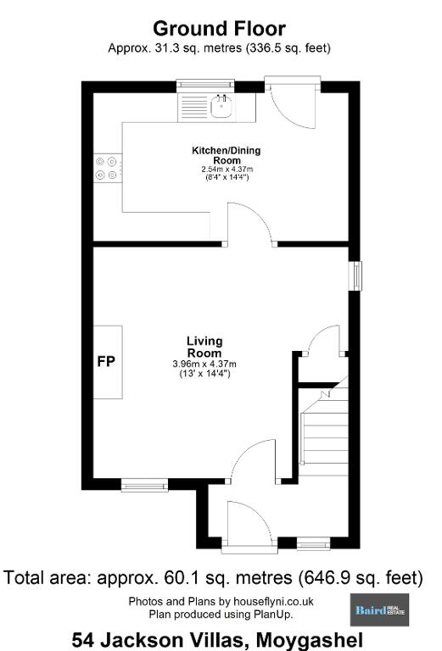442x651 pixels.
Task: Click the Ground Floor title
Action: click(219, 29)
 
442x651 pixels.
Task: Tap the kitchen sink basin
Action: click(221, 107)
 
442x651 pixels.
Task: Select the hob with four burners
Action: click(108, 168)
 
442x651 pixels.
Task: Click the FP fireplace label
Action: click(106, 362)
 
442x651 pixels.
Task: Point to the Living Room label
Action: click(204, 347)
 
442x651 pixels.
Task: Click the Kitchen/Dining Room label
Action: click(227, 155)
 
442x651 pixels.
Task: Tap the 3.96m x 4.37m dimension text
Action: click(204, 364)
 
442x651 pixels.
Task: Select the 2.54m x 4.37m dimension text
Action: click(227, 170)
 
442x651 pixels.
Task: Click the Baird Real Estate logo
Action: click(379, 609)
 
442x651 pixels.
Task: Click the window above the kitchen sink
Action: click(205, 85)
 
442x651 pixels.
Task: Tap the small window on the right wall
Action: click(355, 275)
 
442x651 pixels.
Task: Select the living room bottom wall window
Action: click(144, 485)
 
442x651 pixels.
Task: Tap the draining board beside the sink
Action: click(193, 108)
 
